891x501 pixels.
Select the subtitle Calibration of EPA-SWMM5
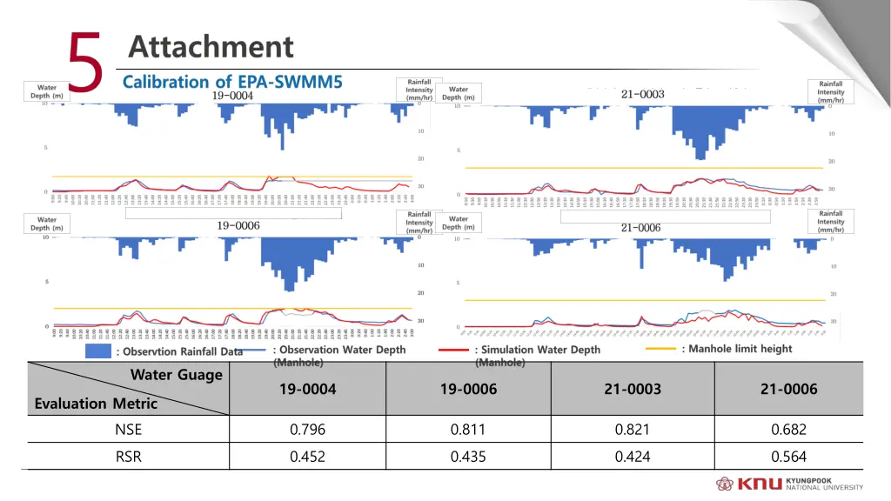[232, 83]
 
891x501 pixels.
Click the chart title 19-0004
[232, 96]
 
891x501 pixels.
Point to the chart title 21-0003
[643, 94]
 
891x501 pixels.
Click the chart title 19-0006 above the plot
[238, 225]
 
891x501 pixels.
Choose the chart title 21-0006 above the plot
[640, 228]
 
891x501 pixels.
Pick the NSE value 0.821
[632, 429]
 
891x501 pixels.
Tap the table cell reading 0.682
[788, 429]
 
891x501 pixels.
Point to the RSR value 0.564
[788, 457]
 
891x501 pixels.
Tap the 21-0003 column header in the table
[632, 389]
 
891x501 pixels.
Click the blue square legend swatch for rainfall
[100, 351]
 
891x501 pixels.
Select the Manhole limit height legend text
[736, 349]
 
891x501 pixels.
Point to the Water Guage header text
[177, 375]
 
